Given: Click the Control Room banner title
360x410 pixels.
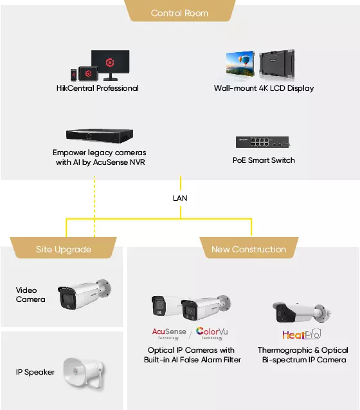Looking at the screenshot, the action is [179, 13].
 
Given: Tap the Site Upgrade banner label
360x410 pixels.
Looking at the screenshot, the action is [64, 250].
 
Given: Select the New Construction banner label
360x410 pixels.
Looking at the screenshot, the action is [249, 249].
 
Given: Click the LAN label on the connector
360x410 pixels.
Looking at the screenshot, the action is [180, 198].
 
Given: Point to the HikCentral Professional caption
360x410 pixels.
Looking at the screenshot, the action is [98, 88].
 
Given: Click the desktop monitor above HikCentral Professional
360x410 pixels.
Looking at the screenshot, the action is [110, 65].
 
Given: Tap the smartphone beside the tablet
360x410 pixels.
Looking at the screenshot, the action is [74, 75].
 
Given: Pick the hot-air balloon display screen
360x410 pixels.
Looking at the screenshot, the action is [240, 64].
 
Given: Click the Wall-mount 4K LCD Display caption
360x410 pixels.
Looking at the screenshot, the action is [264, 88].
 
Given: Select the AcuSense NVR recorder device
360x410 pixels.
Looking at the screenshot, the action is [100, 135].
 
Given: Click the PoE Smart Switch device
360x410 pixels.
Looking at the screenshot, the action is [262, 142].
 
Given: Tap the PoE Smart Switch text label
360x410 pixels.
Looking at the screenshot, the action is [264, 160].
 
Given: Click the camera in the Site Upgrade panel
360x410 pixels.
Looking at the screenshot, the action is [84, 294].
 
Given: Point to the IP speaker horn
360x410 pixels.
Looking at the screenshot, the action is [84, 373].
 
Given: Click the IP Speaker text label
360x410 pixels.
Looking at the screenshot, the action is [35, 372].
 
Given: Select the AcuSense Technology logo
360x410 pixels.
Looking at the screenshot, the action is [169, 333].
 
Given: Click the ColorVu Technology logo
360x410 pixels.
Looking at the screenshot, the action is [212, 333].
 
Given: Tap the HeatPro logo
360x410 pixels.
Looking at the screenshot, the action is [301, 334].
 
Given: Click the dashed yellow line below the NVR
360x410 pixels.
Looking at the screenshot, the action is [94, 207].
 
